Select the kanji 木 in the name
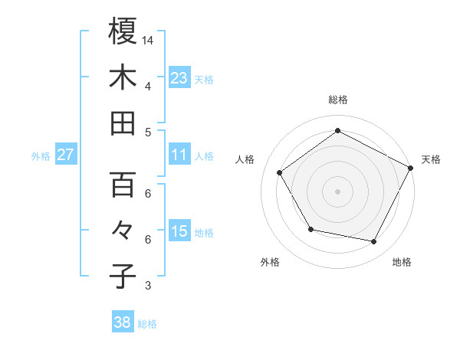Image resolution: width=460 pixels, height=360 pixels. point(123,77)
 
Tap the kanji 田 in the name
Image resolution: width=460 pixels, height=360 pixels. point(123,123)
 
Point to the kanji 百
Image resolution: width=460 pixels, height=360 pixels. point(123,185)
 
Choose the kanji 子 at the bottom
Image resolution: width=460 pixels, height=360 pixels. point(123,277)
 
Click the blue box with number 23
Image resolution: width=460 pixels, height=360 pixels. point(179,77)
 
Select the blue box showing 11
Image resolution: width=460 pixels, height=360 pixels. point(179,155)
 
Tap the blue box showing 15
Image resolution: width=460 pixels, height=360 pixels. point(179,231)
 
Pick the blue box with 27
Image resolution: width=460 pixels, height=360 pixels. point(65,155)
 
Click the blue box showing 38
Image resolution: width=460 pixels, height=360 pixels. point(122,322)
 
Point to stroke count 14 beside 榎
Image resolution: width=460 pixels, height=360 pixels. point(149,39)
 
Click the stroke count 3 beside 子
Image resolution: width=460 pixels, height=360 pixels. point(147,286)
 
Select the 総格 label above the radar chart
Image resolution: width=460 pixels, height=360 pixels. point(337,100)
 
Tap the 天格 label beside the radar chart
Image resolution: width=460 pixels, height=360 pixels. point(431,159)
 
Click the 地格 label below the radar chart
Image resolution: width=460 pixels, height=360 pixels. point(402,262)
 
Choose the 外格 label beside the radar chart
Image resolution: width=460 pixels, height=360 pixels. point(270,262)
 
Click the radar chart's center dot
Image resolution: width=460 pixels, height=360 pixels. point(337,191)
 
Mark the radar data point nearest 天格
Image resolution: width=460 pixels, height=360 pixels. point(411,167)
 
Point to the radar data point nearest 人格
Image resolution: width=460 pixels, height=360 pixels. point(280,172)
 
